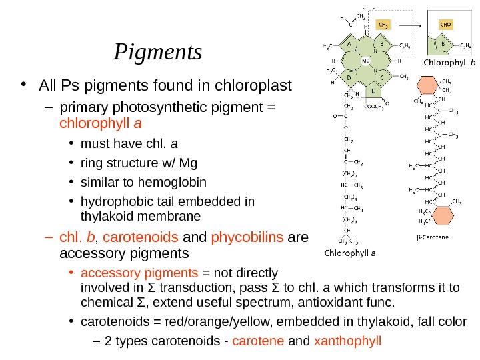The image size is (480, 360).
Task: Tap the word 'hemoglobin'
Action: (173, 182)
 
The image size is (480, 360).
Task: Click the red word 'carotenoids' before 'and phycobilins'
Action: (141, 238)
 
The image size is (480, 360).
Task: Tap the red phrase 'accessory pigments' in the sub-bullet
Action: (139, 273)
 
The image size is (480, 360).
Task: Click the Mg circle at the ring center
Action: (365, 59)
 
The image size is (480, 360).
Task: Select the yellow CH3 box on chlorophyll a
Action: (383, 25)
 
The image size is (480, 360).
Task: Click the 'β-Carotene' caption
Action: (431, 237)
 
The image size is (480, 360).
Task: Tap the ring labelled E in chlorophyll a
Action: (373, 89)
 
